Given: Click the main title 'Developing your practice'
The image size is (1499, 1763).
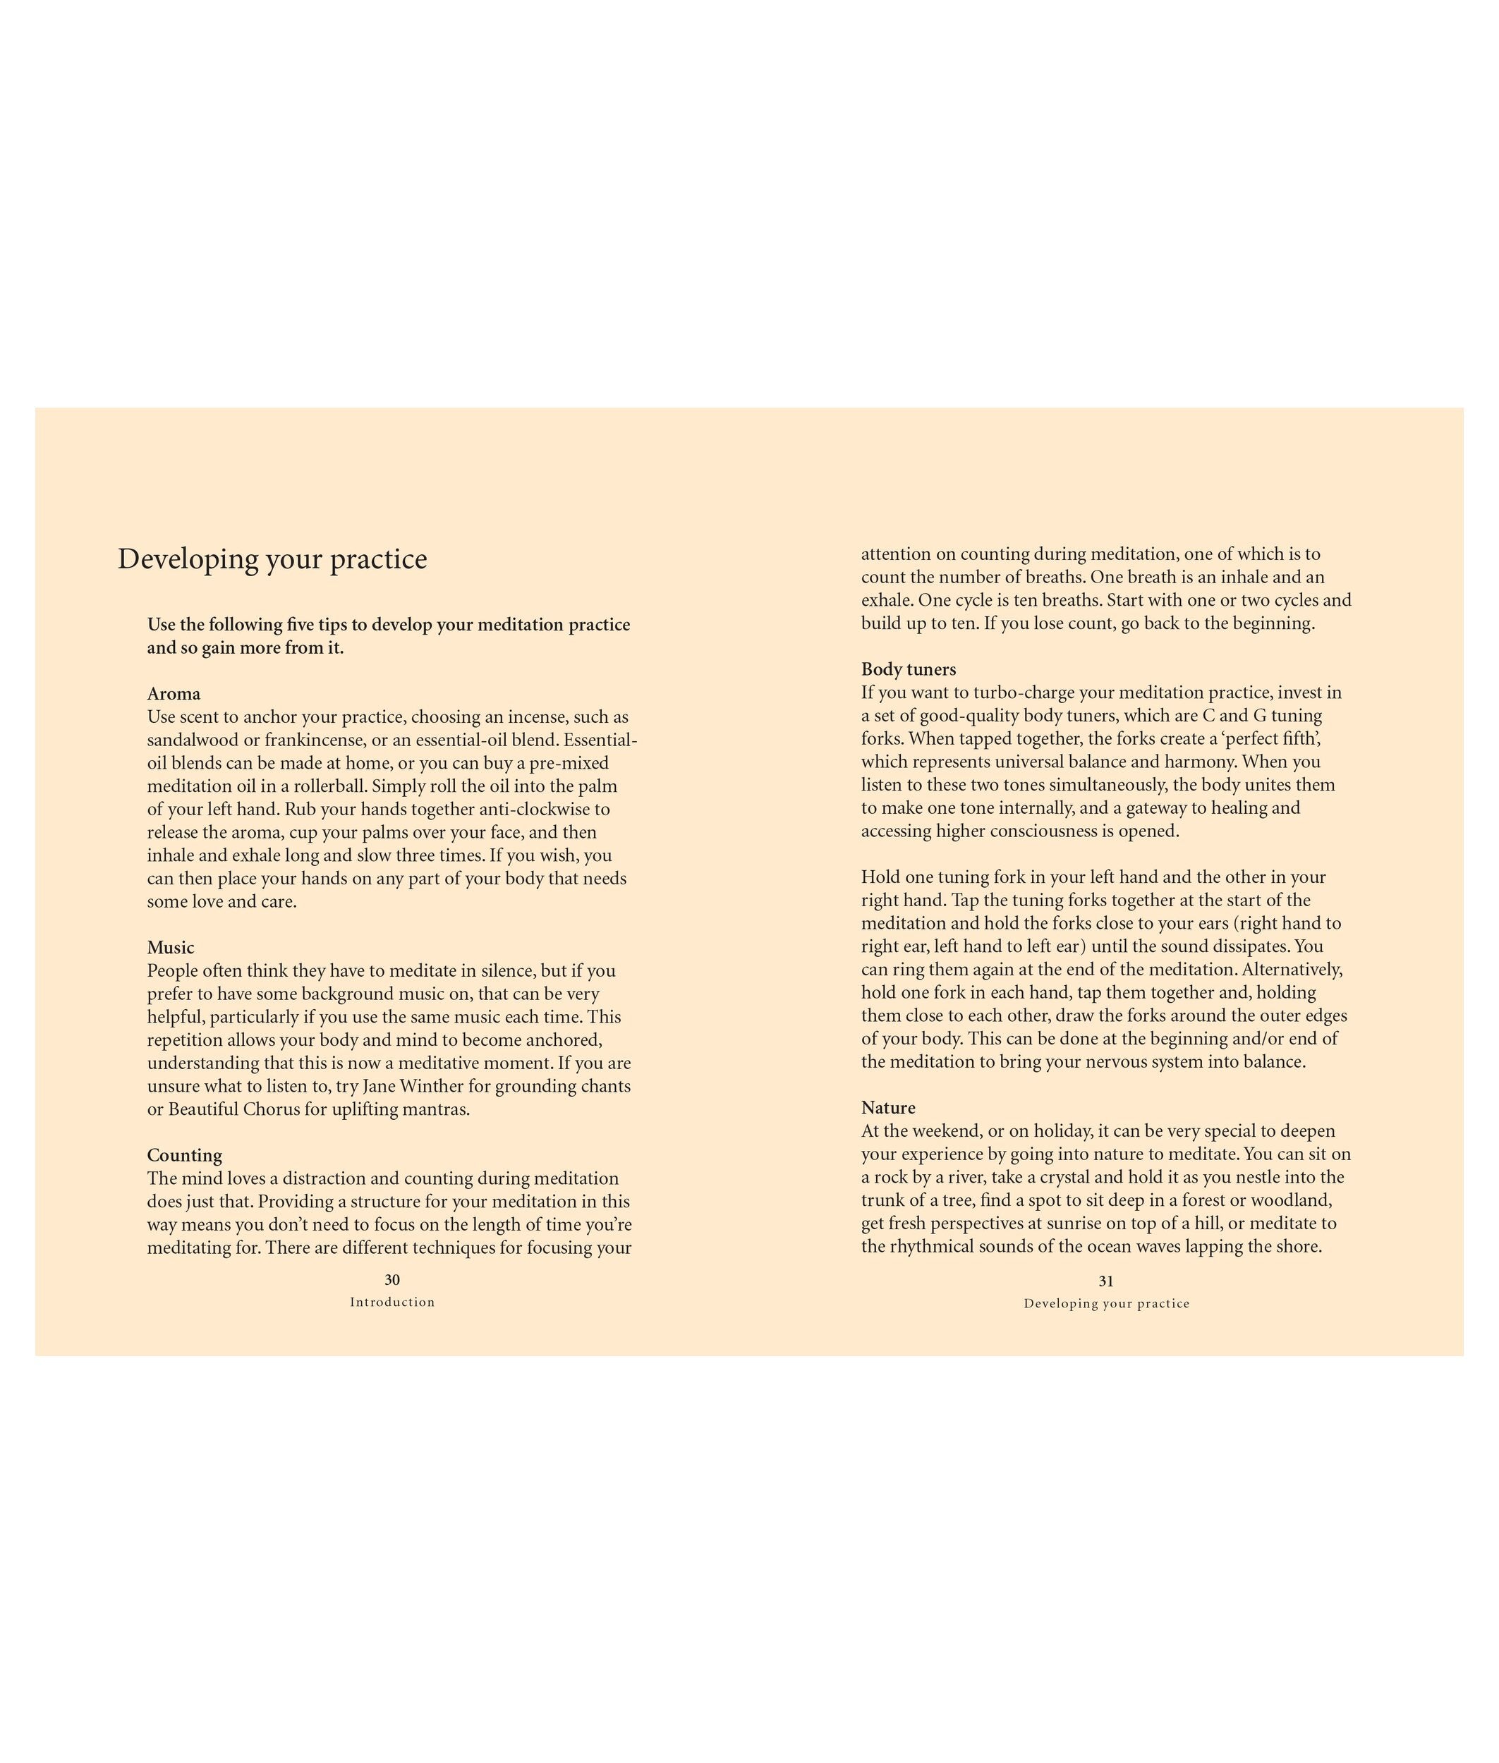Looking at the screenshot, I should coord(272,559).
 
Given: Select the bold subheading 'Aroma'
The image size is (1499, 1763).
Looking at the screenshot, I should coord(174,693).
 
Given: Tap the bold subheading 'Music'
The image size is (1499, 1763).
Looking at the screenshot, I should coord(171,947).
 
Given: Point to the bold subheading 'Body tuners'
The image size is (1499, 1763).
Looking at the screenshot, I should coord(909,669).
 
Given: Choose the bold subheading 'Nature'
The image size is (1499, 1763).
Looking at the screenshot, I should coord(888,1107).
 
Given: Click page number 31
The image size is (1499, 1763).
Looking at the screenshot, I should coord(1105,1281).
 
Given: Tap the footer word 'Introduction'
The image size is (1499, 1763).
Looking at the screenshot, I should coord(392,1302).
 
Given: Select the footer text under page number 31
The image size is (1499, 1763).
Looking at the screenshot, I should coord(1105,1303).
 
